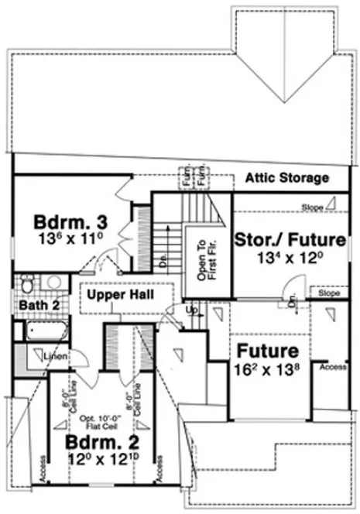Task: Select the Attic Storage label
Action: [x=286, y=178]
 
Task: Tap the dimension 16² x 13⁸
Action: [x=267, y=369]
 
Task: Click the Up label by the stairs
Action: [x=192, y=311]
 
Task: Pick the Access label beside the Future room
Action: [x=333, y=367]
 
